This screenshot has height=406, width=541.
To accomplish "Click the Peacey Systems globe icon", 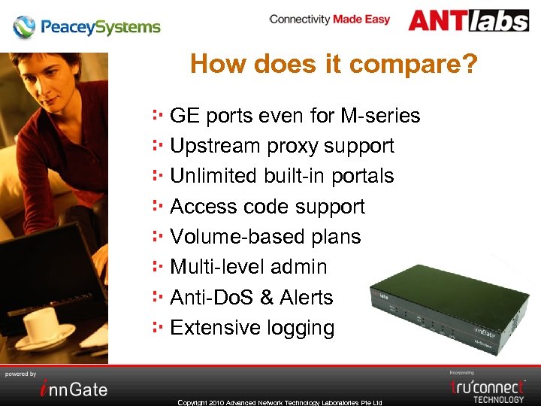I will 24,27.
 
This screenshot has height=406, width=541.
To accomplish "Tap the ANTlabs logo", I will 468,20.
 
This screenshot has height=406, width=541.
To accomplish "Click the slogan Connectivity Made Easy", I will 330,20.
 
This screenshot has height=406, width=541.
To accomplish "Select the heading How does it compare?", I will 334,64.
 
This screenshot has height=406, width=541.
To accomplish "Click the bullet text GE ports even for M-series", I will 295,116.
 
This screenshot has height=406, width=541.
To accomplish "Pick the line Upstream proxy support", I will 282,146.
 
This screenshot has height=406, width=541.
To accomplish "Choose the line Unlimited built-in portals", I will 282,176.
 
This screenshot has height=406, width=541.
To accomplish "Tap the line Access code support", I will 267,207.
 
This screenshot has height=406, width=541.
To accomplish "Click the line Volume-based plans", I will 265,237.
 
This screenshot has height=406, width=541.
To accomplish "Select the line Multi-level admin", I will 249,267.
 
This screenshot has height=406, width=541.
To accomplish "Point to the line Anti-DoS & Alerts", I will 251,298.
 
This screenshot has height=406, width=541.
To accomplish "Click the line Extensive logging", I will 252,328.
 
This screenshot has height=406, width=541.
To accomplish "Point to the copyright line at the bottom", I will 280,402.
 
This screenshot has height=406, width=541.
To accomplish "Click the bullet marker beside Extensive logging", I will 158,327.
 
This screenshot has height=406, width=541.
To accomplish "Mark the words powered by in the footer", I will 21,374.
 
